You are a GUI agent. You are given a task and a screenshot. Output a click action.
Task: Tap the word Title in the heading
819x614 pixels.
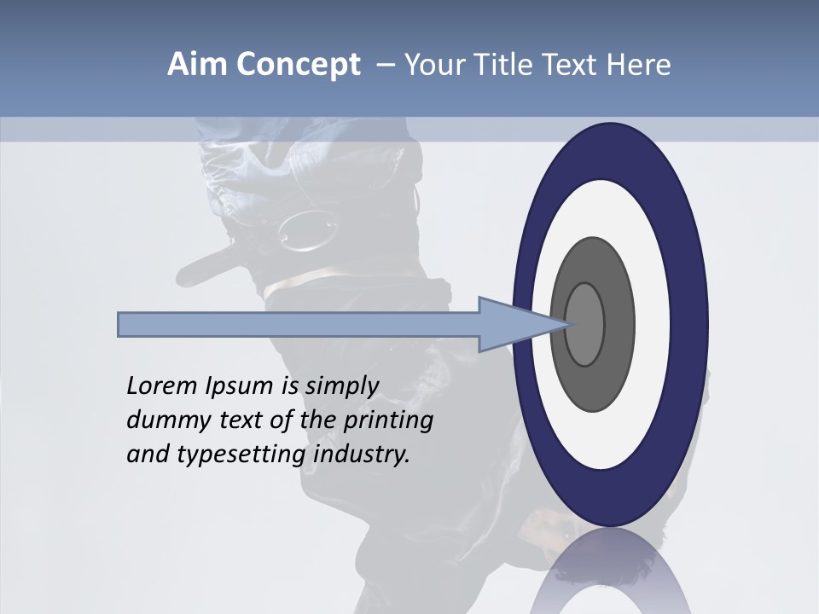523,65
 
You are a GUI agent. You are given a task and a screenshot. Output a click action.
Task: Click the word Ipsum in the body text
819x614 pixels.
241,386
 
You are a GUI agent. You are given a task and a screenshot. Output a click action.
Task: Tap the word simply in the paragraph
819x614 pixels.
340,386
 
